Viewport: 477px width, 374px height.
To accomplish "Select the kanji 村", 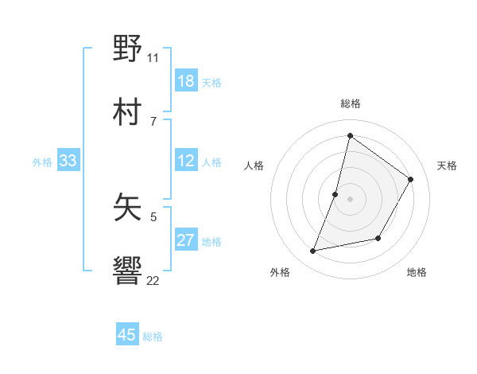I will coord(128,111).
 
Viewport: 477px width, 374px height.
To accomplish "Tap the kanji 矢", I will coord(128,208).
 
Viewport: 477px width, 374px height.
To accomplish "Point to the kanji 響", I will coord(128,271).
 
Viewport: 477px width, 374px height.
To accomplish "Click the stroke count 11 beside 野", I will coord(153,57).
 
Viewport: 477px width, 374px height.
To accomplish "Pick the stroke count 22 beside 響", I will coord(153,280).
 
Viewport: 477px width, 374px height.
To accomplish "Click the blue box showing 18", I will coord(186,81).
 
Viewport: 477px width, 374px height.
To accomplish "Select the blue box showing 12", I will coord(186,161).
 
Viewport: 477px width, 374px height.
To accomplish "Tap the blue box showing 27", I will coord(186,240).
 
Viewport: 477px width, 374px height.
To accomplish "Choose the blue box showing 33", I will coord(68,161).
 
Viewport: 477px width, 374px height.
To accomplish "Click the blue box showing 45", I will coord(127,335).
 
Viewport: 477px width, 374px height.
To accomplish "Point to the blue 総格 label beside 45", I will coord(153,337).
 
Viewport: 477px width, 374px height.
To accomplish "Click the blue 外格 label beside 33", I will coord(42,162).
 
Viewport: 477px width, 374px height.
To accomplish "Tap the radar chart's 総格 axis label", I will coord(351,103).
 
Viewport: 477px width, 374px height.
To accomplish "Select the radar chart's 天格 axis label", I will coord(447,166).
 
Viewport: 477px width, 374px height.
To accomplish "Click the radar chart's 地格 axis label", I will coord(417,272).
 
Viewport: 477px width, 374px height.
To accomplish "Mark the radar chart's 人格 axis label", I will coord(254,166).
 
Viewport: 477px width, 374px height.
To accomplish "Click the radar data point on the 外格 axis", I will coord(313,251).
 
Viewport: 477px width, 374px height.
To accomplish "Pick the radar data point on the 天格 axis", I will coord(411,180).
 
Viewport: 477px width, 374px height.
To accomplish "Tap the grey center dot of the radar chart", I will coord(350,199).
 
